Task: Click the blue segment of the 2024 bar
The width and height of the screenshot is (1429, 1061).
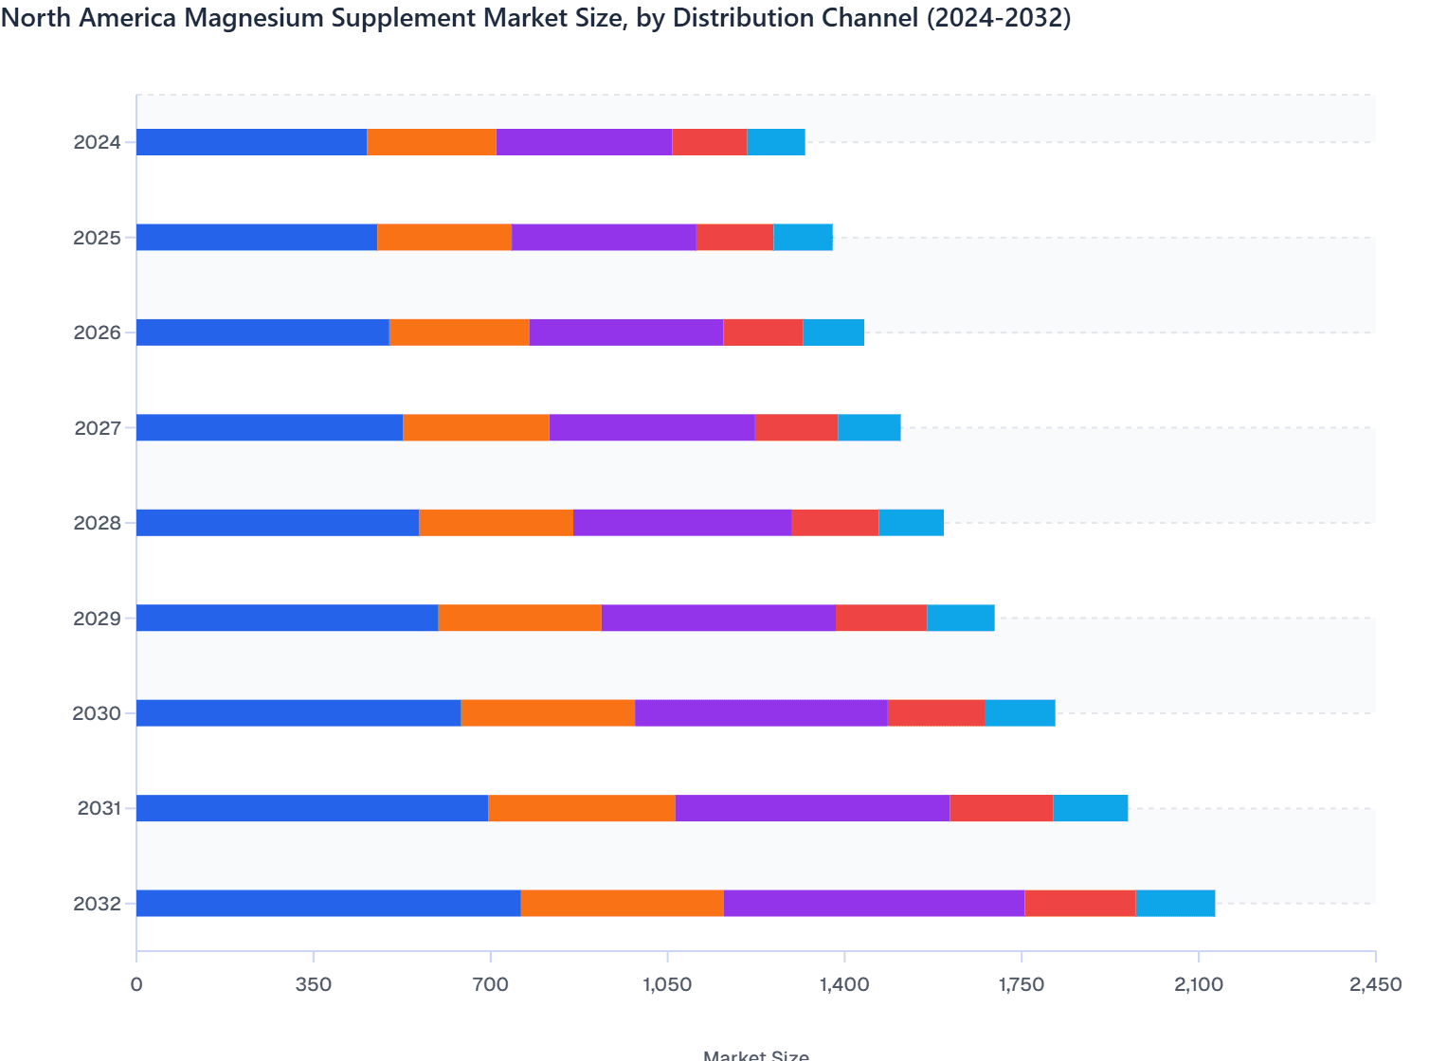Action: pyautogui.click(x=251, y=142)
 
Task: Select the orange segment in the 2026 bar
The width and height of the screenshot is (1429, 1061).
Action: pyautogui.click(x=459, y=333)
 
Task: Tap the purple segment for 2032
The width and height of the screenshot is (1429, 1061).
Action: pyautogui.click(x=874, y=904)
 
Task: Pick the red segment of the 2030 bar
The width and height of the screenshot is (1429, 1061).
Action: pyautogui.click(x=936, y=713)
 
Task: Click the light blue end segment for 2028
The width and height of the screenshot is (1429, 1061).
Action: pyautogui.click(x=911, y=523)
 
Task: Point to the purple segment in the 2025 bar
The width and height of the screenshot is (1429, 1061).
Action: pyautogui.click(x=604, y=238)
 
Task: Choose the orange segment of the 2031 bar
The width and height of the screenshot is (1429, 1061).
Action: pyautogui.click(x=582, y=808)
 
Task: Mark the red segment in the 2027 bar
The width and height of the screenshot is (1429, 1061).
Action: pyautogui.click(x=796, y=428)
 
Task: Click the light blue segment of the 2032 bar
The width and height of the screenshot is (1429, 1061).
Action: pyautogui.click(x=1175, y=904)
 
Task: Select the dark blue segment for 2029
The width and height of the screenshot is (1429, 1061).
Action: pyautogui.click(x=287, y=618)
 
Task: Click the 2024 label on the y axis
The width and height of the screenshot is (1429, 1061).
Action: pyautogui.click(x=98, y=143)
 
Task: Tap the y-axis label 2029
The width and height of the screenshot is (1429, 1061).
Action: pyautogui.click(x=98, y=619)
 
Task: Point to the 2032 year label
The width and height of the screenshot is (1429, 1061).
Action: pyautogui.click(x=98, y=904)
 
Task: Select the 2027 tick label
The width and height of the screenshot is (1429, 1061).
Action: pyautogui.click(x=98, y=428)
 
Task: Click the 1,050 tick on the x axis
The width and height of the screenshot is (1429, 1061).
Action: pyautogui.click(x=667, y=984)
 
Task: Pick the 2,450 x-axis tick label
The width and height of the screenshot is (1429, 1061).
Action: pyautogui.click(x=1374, y=984)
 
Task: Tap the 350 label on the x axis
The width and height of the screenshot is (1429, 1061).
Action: pyautogui.click(x=313, y=984)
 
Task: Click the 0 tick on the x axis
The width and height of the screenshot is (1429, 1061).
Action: pyautogui.click(x=136, y=984)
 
